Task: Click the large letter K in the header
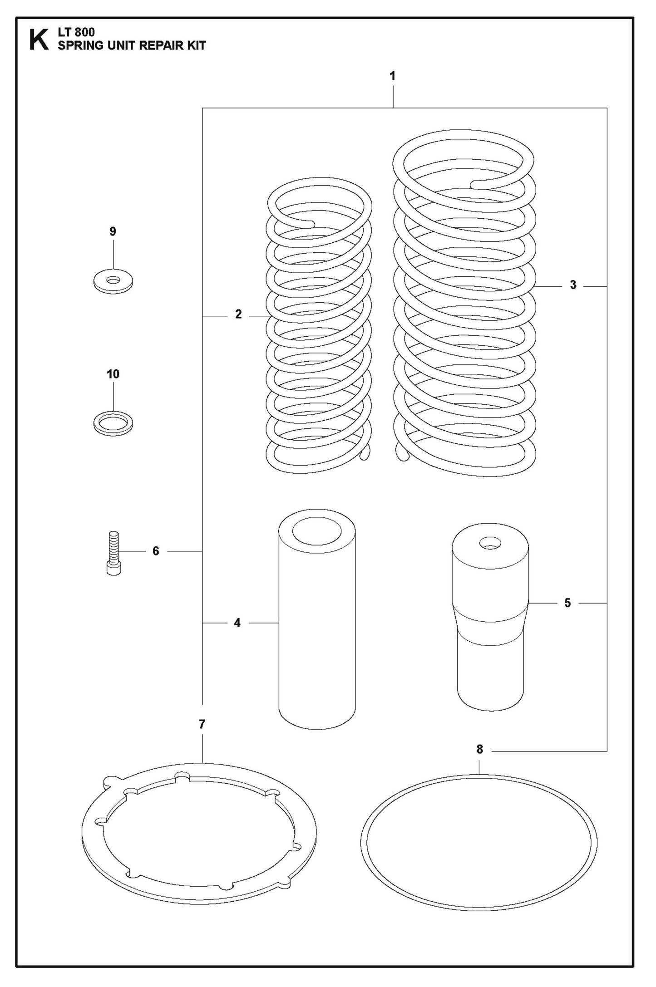pos(39,40)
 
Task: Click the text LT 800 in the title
pos(76,33)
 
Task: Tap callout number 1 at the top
pos(393,76)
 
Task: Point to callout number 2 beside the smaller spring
pos(238,314)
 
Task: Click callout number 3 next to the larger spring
pos(573,285)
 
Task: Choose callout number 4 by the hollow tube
pos(237,623)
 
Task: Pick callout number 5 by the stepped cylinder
pos(567,603)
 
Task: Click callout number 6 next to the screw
pos(156,551)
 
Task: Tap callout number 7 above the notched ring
pos(202,724)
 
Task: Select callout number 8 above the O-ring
pos(480,749)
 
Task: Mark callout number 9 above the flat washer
pos(113,231)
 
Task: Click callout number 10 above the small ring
pos(113,374)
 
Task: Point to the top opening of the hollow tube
pos(316,531)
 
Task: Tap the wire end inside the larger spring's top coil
pos(475,184)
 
